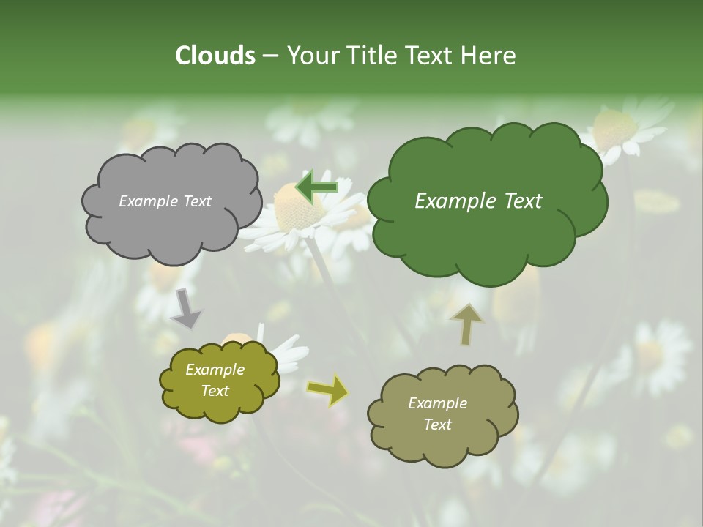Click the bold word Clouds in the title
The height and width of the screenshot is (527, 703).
click(x=215, y=56)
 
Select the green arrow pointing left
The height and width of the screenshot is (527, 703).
click(x=316, y=186)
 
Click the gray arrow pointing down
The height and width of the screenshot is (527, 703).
click(x=185, y=309)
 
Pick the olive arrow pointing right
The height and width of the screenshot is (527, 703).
click(x=327, y=390)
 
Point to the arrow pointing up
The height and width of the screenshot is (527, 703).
click(x=466, y=324)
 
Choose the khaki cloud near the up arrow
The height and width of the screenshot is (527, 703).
click(x=442, y=414)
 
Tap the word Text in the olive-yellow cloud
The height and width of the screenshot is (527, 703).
click(x=215, y=391)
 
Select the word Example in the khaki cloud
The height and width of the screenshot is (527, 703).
click(x=437, y=403)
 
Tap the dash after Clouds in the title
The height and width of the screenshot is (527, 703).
click(x=270, y=56)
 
